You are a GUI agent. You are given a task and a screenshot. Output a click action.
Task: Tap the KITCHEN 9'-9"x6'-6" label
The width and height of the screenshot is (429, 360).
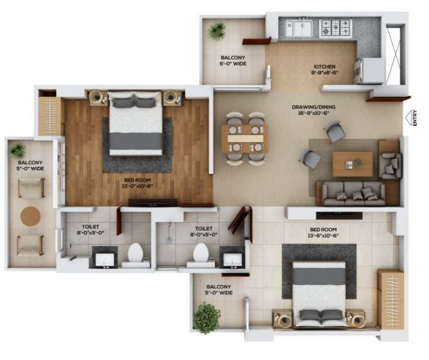coord(325,70)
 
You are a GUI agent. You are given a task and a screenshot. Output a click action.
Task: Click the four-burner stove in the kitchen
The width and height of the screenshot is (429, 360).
coord(335,28)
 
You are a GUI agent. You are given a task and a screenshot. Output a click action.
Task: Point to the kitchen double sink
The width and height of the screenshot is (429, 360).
coord(299,28)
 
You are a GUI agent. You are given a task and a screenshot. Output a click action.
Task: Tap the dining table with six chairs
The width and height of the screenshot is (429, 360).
coord(243,139)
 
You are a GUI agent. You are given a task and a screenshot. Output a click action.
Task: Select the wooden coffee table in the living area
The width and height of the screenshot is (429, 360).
coord(352,164)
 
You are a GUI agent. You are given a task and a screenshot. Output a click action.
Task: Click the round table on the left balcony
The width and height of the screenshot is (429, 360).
coord(31,216)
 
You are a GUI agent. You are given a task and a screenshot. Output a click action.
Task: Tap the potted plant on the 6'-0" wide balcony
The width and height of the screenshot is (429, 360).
coord(217,32)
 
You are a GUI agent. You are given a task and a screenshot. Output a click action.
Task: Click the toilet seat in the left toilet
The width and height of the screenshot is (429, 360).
coord(135,254)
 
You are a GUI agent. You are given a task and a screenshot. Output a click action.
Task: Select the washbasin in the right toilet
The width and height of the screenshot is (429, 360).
coord(232,257)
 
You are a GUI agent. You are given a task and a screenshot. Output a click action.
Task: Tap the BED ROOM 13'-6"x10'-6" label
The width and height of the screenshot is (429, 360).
coord(322,233)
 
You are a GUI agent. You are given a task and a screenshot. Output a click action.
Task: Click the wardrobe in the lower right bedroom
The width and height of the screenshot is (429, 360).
coord(390,299)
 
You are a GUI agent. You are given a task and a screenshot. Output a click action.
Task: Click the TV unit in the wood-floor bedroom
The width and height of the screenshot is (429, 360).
coord(152,202)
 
